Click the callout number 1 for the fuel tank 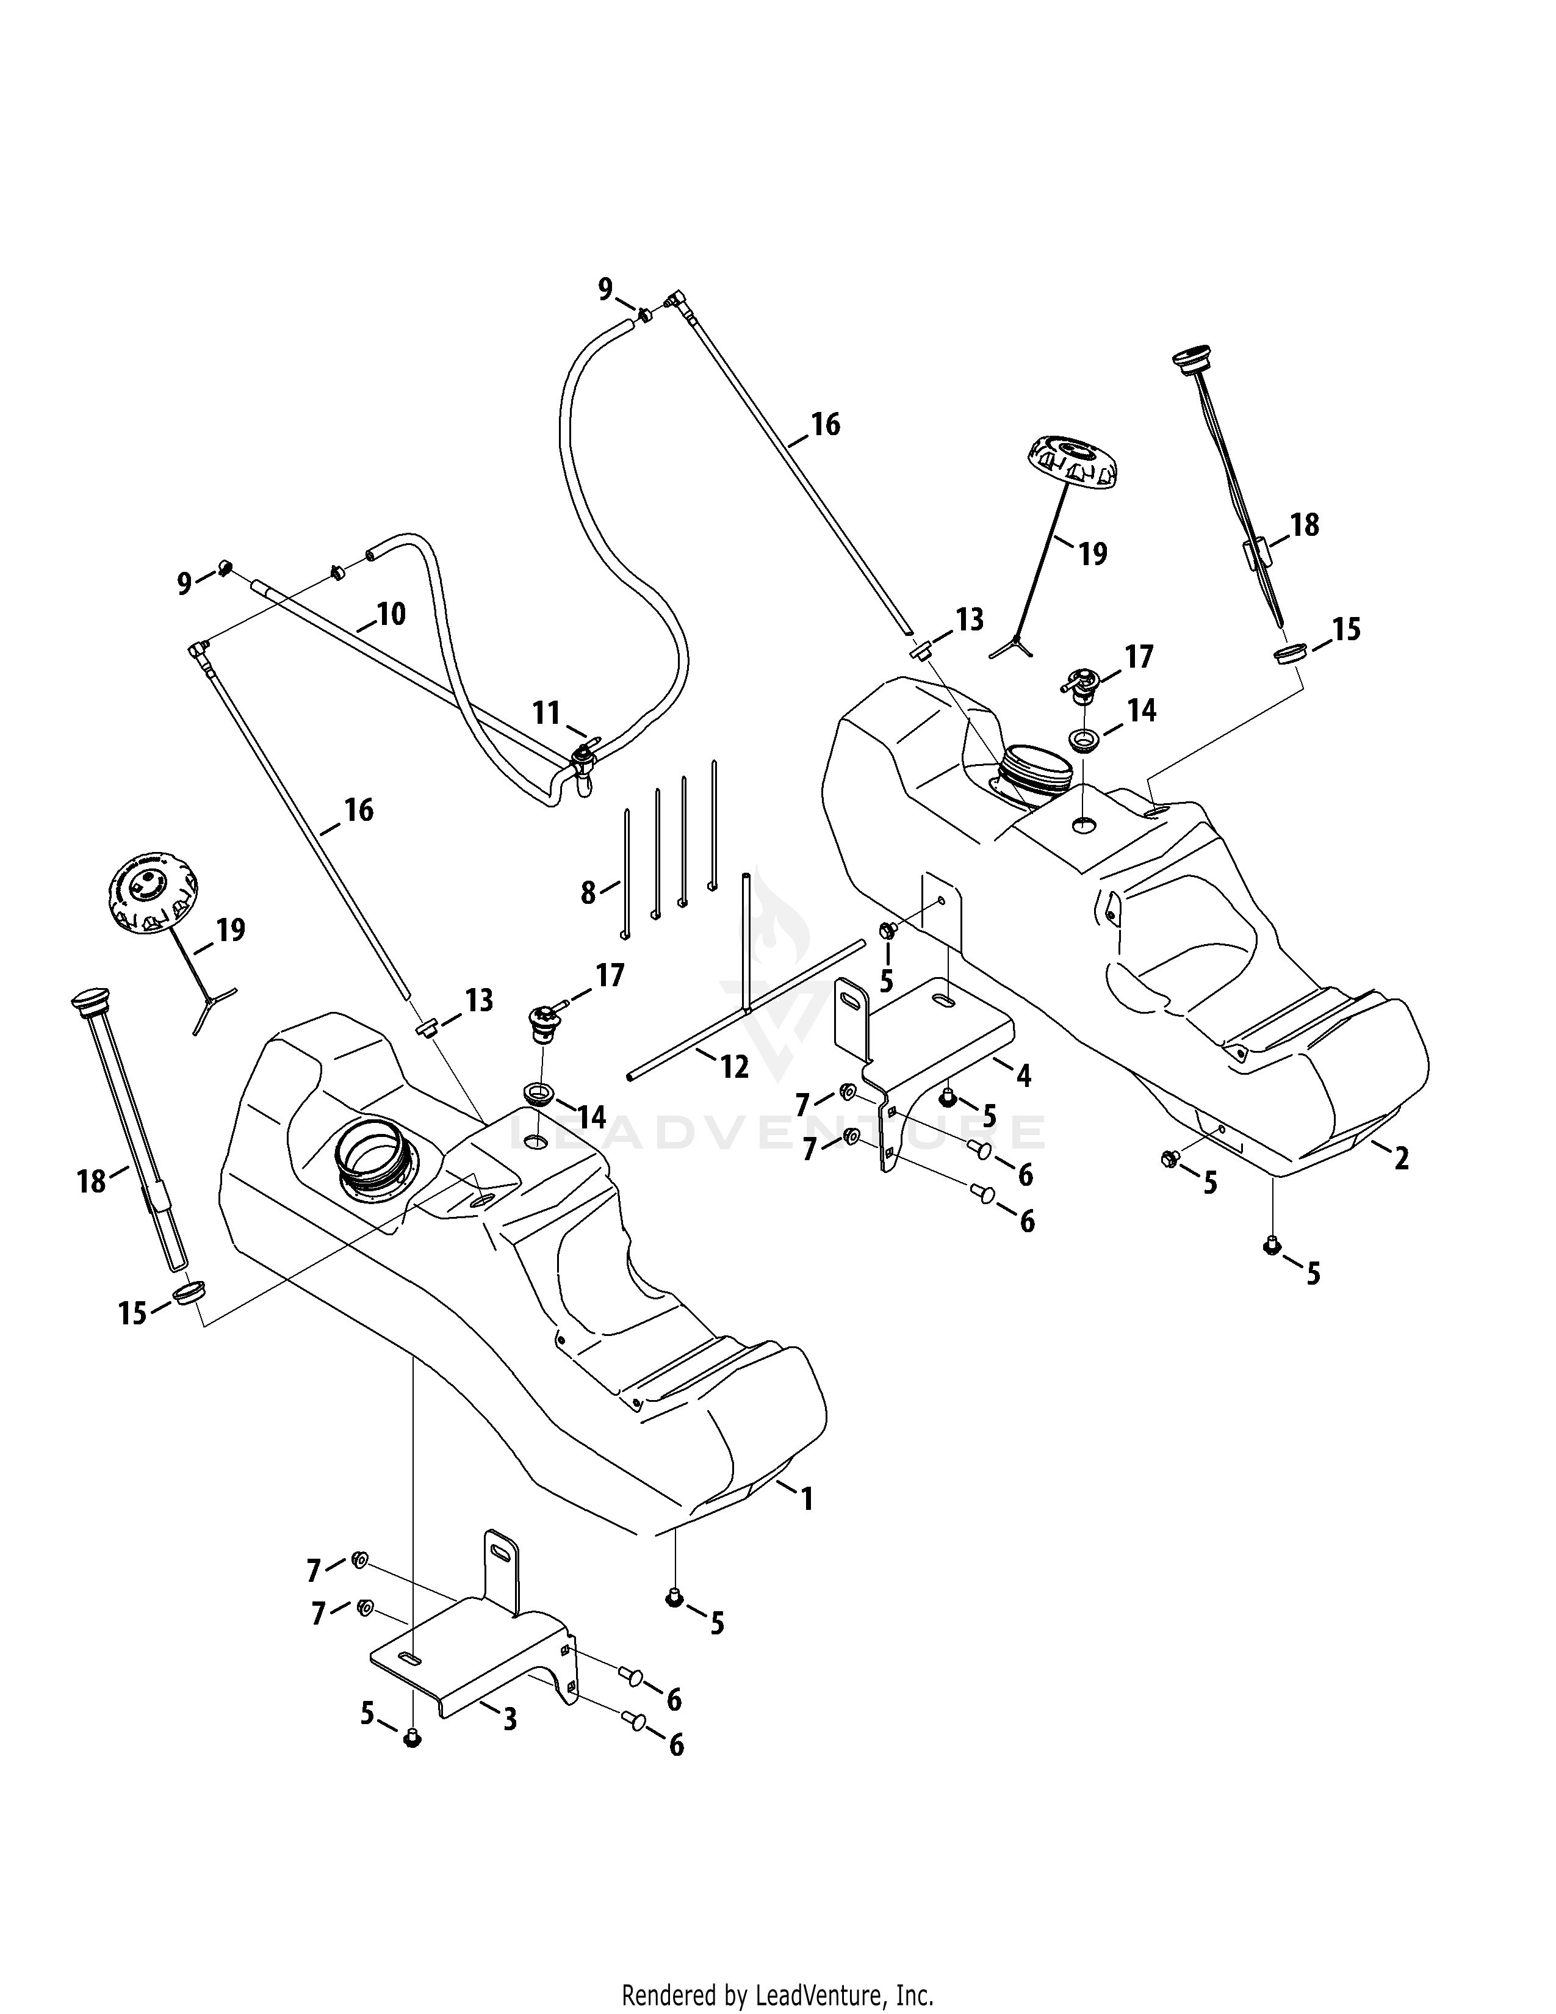(807, 1498)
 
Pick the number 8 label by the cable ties (588, 893)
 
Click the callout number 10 (392, 613)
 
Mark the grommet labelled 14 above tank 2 (1084, 740)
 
